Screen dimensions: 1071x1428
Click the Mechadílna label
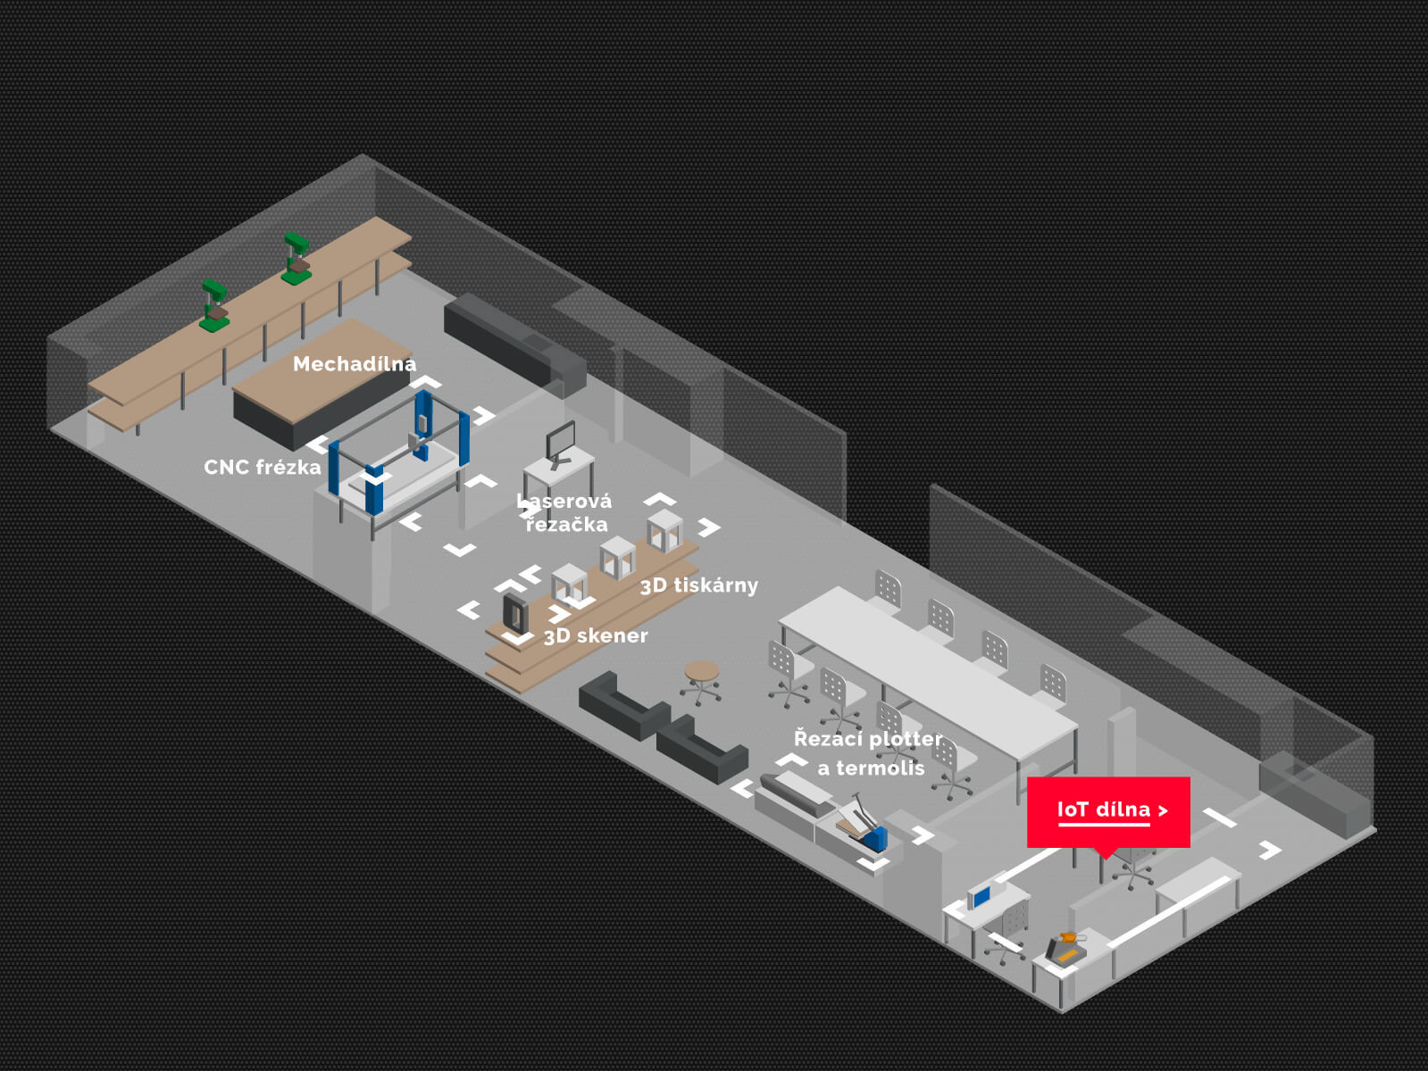pos(354,364)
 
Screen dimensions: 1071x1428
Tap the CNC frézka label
pos(262,468)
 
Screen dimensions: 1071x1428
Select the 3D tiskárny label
pos(698,585)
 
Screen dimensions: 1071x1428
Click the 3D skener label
pos(596,636)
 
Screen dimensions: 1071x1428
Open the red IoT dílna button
pos(1108,810)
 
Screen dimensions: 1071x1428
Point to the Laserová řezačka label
pos(565,513)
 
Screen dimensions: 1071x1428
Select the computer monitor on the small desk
pos(561,442)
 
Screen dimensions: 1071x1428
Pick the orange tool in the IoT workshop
pos(1066,944)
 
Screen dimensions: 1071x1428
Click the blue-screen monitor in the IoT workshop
pos(981,896)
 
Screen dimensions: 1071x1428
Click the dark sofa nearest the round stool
pos(622,703)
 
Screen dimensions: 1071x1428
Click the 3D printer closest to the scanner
pos(569,584)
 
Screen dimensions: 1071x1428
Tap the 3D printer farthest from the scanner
pos(664,531)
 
